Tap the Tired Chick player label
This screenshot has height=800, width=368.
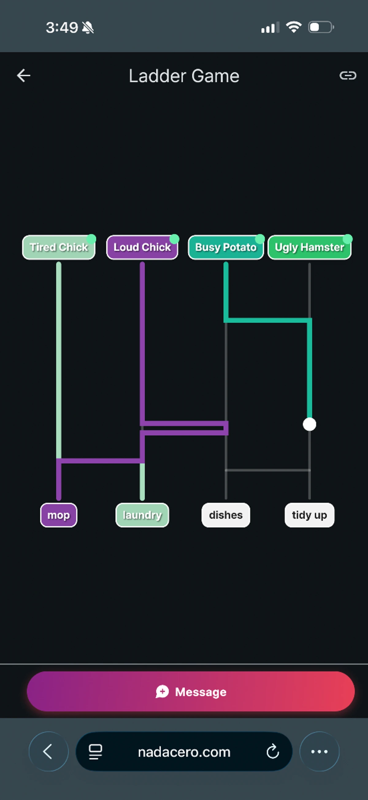(x=59, y=247)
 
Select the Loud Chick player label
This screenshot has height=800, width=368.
(x=142, y=247)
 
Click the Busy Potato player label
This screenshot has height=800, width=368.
(x=226, y=247)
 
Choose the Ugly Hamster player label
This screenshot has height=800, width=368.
(x=310, y=247)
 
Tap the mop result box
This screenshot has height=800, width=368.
(x=59, y=515)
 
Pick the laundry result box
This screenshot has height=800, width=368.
(x=142, y=515)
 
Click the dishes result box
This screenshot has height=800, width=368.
(x=226, y=515)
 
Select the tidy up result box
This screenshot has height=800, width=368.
(x=310, y=515)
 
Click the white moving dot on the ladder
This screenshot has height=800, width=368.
(x=310, y=424)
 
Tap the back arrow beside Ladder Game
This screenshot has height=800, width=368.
(x=24, y=75)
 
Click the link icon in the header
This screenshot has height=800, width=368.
(x=348, y=75)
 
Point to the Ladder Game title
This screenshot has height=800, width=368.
(x=184, y=76)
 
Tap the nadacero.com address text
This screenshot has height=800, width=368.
(x=184, y=752)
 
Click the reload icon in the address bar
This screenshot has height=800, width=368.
(x=273, y=752)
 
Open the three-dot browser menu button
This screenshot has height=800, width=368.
(x=320, y=752)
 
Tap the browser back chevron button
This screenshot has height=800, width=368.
(x=48, y=752)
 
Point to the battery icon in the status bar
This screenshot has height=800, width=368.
(x=321, y=27)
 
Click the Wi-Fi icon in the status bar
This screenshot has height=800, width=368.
(x=294, y=27)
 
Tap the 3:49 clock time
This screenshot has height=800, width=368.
(x=62, y=28)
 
